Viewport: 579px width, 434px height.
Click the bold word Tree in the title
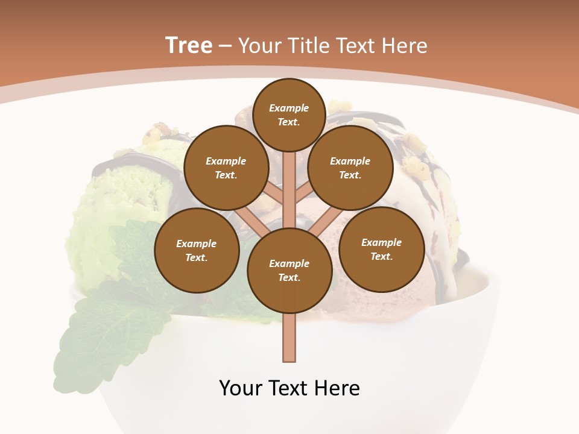click(189, 45)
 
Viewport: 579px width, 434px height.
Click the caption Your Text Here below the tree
click(289, 388)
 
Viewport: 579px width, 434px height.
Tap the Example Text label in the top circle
click(289, 115)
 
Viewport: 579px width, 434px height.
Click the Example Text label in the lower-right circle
click(381, 249)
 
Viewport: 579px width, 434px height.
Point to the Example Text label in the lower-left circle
click(196, 250)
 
